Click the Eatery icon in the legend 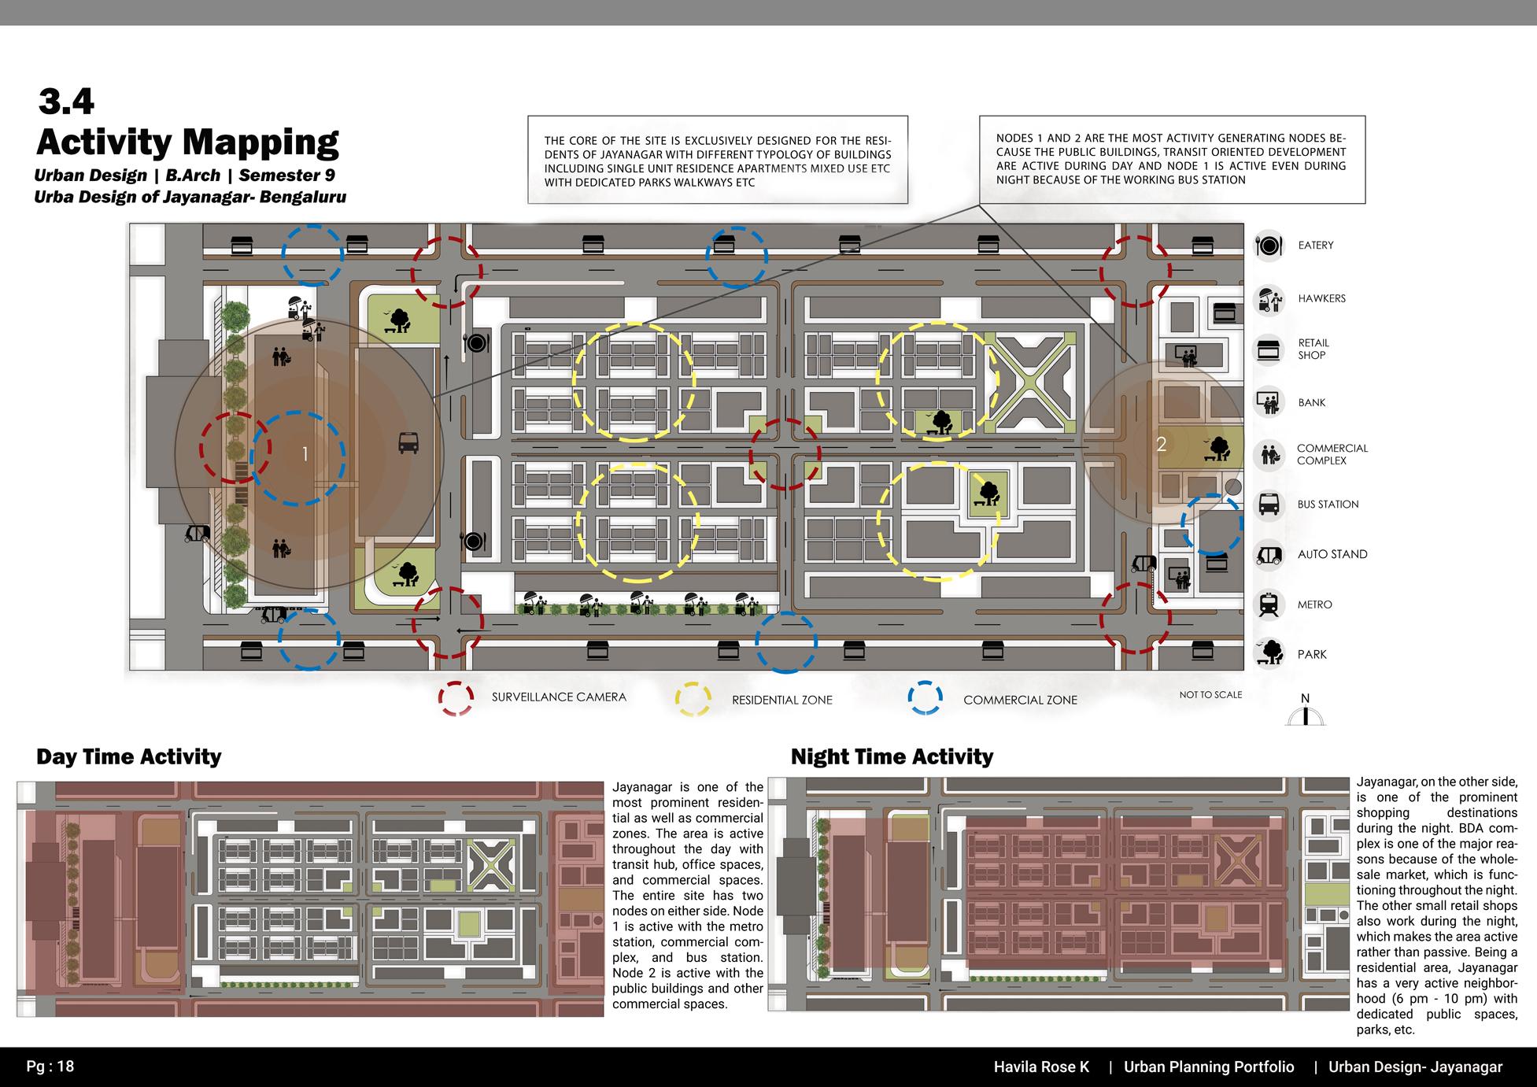pyautogui.click(x=1269, y=246)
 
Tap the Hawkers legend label pyautogui.click(x=1321, y=299)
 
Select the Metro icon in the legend pyautogui.click(x=1269, y=605)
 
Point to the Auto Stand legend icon pyautogui.click(x=1269, y=554)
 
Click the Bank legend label pyautogui.click(x=1312, y=403)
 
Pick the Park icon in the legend pyautogui.click(x=1269, y=654)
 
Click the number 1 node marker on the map pyautogui.click(x=305, y=454)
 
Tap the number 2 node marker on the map pyautogui.click(x=1161, y=444)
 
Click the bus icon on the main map pyautogui.click(x=408, y=443)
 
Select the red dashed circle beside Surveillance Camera pyautogui.click(x=456, y=698)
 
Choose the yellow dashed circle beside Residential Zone pyautogui.click(x=693, y=699)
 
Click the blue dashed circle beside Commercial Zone pyautogui.click(x=925, y=698)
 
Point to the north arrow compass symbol pyautogui.click(x=1305, y=712)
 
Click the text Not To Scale pyautogui.click(x=1210, y=695)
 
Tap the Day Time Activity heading pyautogui.click(x=129, y=757)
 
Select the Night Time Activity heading pyautogui.click(x=892, y=757)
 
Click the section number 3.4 pyautogui.click(x=66, y=102)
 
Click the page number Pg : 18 pyautogui.click(x=50, y=1067)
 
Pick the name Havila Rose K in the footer pyautogui.click(x=1041, y=1067)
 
